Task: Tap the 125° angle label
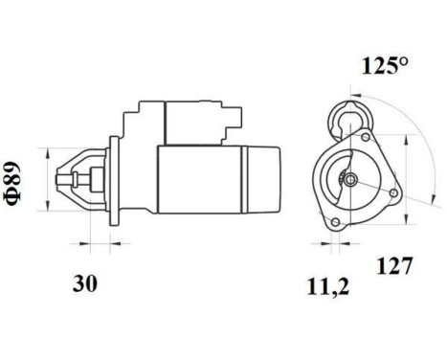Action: tap(384, 66)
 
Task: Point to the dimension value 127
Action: tap(393, 265)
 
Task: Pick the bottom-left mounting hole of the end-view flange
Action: tap(335, 223)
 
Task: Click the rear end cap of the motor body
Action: tap(263, 179)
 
